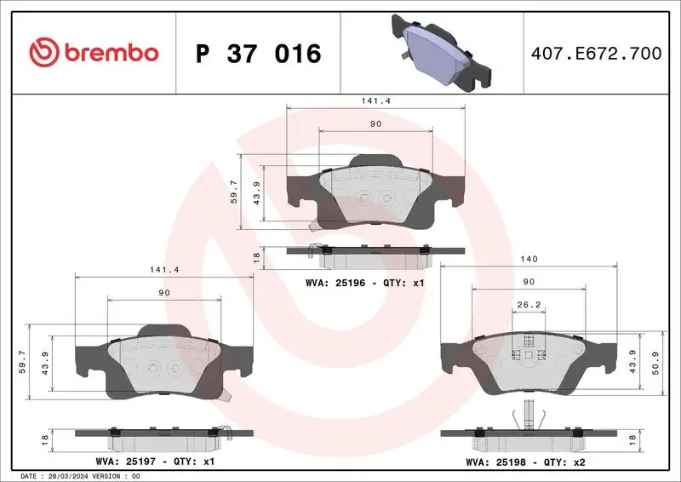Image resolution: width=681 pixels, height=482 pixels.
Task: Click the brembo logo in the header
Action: pos(94,53)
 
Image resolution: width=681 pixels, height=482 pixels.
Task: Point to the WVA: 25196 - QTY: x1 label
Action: pos(363,282)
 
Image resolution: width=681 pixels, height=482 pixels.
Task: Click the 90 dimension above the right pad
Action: pos(528,281)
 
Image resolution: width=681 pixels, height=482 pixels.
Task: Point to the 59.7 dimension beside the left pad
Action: pos(32,363)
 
